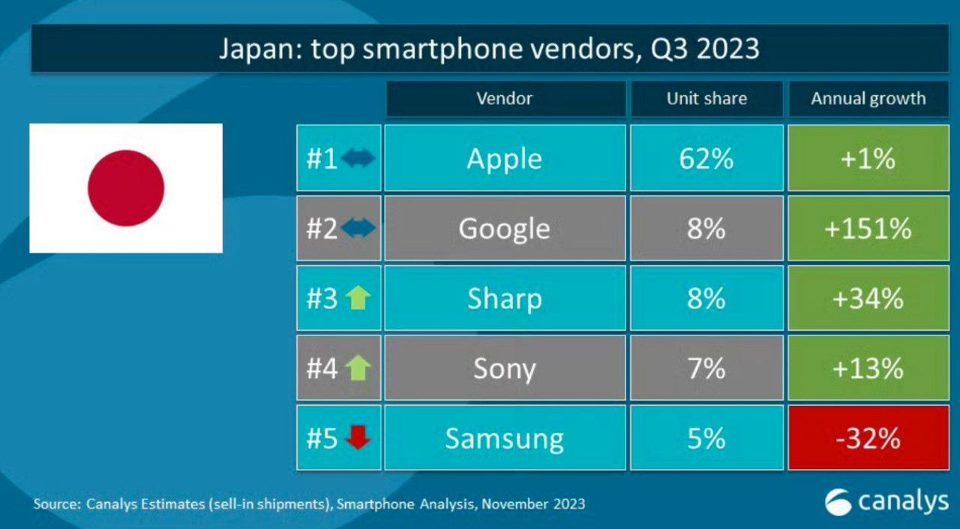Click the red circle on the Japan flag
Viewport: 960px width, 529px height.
click(126, 188)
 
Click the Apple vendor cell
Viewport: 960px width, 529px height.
click(504, 158)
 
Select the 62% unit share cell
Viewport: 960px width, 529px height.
click(706, 158)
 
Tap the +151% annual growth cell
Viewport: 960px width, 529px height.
click(868, 228)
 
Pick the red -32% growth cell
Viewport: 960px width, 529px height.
click(868, 438)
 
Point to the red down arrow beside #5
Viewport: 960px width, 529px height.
click(358, 437)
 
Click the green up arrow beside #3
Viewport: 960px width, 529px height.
click(358, 299)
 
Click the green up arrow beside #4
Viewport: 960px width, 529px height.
click(358, 368)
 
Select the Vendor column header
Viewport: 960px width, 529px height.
click(504, 99)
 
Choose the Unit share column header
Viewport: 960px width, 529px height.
click(706, 99)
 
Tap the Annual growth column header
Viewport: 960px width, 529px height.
click(868, 99)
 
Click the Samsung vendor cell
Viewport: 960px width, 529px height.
click(504, 438)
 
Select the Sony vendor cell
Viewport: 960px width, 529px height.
click(504, 368)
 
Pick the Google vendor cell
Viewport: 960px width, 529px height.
click(504, 228)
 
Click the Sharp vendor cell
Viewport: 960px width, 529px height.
click(504, 299)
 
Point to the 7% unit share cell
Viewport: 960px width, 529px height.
click(706, 368)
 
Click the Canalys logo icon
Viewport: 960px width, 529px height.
click(838, 502)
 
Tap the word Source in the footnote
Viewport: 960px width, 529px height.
click(55, 504)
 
